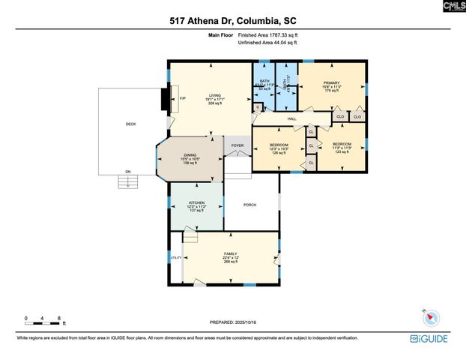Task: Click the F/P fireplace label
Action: (x=182, y=98)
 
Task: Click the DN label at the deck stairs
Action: (x=127, y=170)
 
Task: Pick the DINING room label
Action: (x=190, y=154)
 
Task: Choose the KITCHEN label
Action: (x=196, y=202)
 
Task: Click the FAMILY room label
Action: (x=230, y=254)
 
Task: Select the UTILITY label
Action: (x=176, y=257)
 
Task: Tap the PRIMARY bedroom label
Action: (x=332, y=83)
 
